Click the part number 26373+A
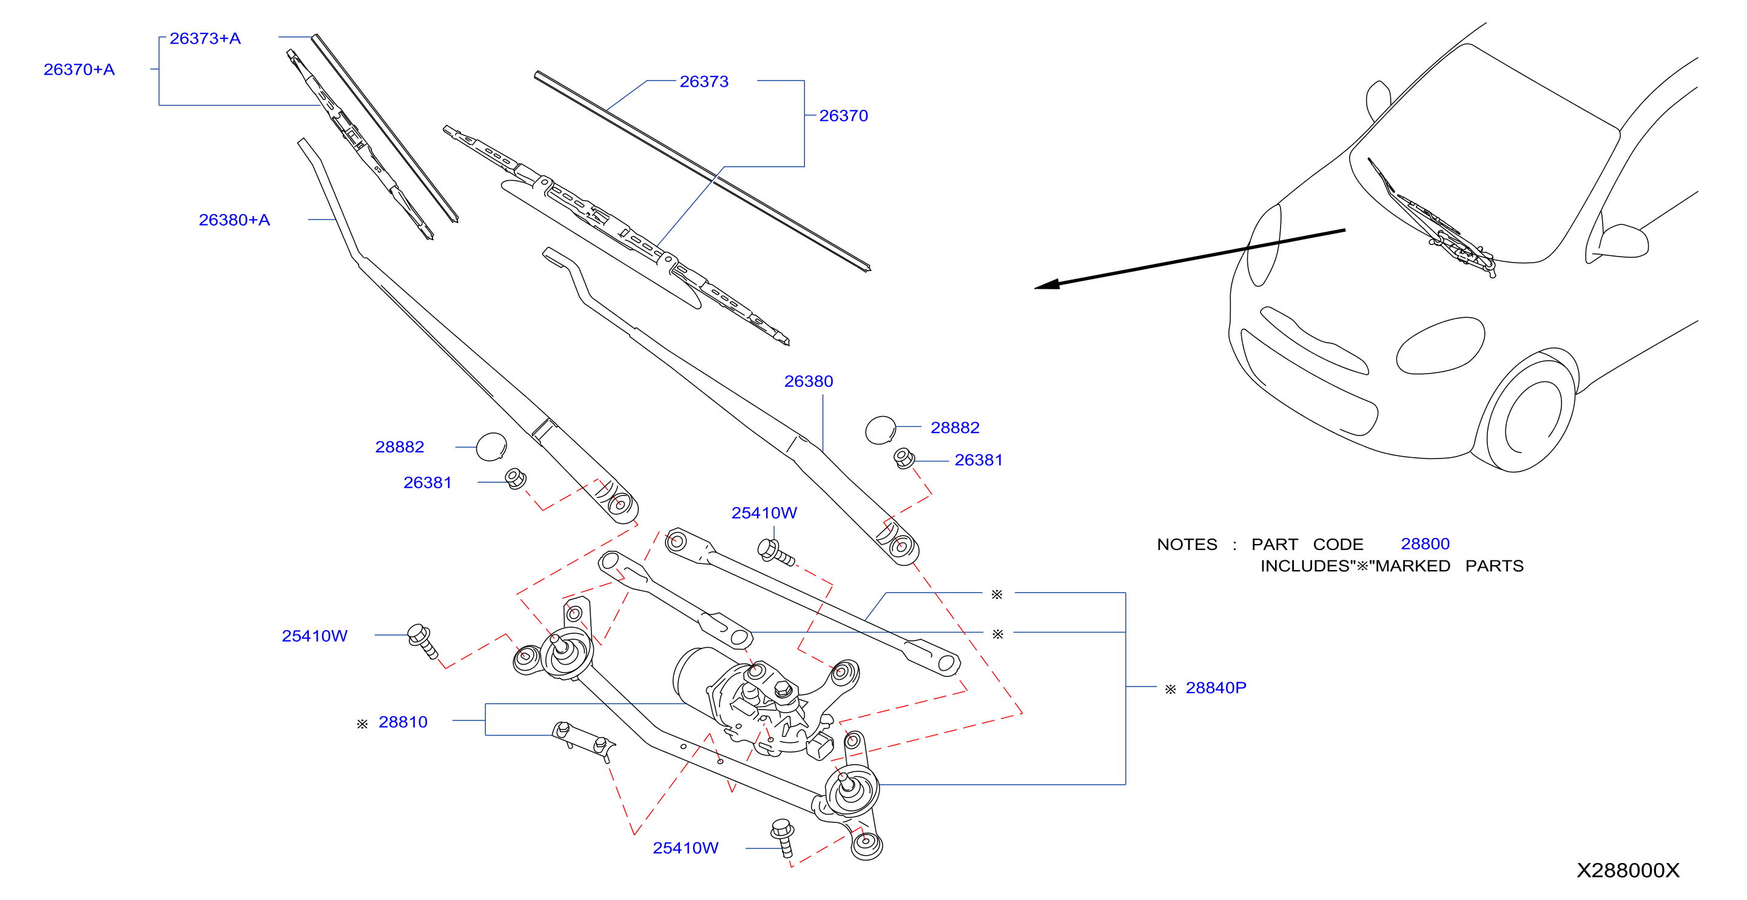(x=205, y=39)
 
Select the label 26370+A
(x=79, y=70)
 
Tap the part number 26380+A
(x=234, y=220)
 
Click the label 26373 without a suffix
(x=704, y=82)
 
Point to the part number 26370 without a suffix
(x=844, y=116)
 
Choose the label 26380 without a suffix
(x=809, y=382)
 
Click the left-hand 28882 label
(x=400, y=448)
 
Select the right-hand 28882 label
(x=955, y=428)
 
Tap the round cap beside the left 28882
(x=492, y=447)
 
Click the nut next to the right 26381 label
(x=904, y=458)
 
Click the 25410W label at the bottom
(x=685, y=848)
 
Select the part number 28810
(x=403, y=722)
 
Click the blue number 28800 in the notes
(x=1426, y=545)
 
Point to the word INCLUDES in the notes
(x=1307, y=566)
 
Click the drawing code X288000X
(x=1628, y=871)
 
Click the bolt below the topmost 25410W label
(x=776, y=552)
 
